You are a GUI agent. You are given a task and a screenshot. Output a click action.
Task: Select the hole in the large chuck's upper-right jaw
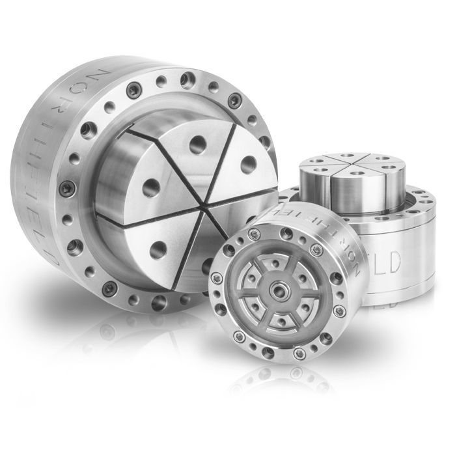coord(248,165)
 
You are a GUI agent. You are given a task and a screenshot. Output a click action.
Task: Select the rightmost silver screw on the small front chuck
coord(339,311)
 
